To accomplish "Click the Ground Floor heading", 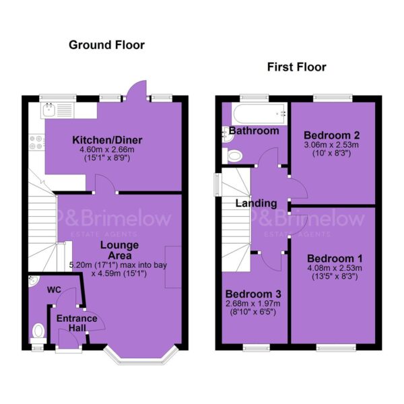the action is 106,45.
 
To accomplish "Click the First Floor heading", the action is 296,67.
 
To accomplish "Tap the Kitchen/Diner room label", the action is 107,140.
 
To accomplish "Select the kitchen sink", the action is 49,110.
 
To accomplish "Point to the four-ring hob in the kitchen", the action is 36,143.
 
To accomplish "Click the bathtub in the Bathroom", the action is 259,114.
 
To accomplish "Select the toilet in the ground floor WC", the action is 38,333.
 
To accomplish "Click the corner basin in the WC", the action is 33,280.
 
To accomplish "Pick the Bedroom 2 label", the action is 331,135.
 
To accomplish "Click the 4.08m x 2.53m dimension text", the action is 335,268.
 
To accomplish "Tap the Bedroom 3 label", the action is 253,294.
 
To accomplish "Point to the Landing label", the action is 257,203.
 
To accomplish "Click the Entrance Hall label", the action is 77,323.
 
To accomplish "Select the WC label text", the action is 54,290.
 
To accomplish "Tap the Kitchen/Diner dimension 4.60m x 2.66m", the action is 107,149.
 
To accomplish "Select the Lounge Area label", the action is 120,250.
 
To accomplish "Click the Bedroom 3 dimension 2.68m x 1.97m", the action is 253,304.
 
